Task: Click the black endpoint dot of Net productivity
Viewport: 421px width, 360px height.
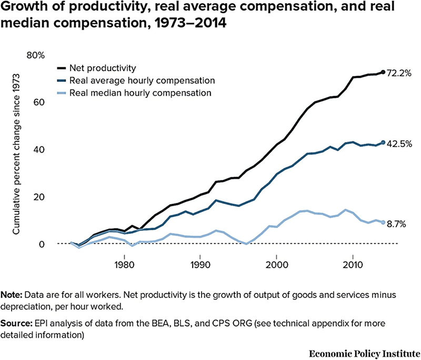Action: point(383,72)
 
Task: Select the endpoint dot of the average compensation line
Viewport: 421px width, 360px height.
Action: point(383,143)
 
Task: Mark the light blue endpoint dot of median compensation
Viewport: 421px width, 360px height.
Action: point(383,223)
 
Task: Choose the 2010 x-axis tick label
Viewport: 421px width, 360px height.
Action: point(352,262)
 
